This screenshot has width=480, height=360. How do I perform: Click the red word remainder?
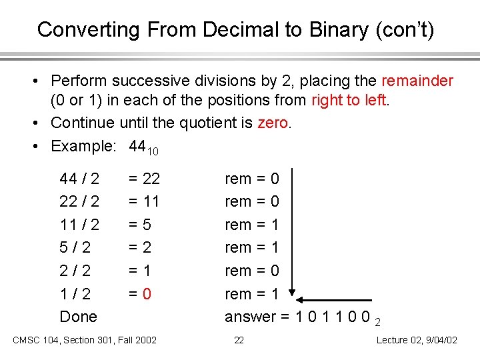click(417, 81)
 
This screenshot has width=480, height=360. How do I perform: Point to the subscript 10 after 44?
click(153, 151)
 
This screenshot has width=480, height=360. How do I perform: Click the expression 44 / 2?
click(79, 179)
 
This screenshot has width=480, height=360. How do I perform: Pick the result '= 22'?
click(144, 179)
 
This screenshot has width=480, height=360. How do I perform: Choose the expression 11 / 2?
click(79, 225)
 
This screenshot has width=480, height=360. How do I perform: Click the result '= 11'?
click(144, 201)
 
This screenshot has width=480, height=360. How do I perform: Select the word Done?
click(78, 317)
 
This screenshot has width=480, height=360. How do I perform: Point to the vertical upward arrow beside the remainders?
click(293, 233)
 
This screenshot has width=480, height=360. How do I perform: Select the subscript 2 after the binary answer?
click(377, 321)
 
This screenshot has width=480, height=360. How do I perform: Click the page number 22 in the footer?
click(239, 341)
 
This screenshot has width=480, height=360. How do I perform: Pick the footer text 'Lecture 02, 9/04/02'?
click(417, 341)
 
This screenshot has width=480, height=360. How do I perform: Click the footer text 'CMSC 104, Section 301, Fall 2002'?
click(85, 341)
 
